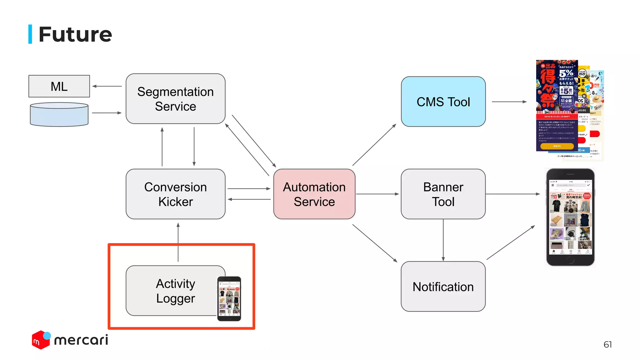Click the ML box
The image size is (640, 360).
(59, 86)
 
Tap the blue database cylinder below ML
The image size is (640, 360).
(59, 115)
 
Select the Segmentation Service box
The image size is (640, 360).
(175, 99)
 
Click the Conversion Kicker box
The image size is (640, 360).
(175, 194)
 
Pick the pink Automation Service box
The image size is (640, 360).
(314, 194)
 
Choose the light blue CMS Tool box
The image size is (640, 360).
(443, 102)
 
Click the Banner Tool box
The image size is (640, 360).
(443, 194)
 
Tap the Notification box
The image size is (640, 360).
(443, 287)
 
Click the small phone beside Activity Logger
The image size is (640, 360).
(229, 298)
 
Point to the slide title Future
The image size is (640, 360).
(75, 34)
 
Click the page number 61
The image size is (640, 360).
(607, 344)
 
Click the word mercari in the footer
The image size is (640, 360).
(81, 340)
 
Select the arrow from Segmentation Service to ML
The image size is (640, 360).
(107, 86)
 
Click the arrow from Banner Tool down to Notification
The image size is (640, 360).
(443, 240)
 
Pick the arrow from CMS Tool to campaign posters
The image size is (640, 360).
(509, 102)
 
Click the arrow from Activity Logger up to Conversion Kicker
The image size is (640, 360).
(178, 242)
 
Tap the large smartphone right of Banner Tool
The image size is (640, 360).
(570, 217)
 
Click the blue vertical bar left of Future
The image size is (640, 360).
(30, 34)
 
